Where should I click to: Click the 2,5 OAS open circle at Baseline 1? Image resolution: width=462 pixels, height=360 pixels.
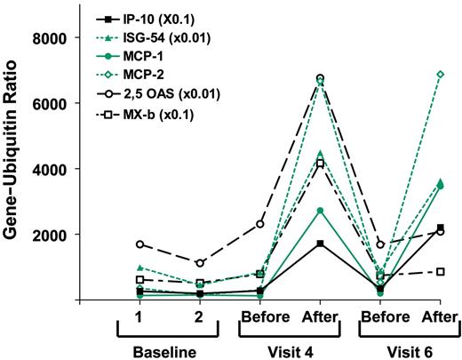coord(139,244)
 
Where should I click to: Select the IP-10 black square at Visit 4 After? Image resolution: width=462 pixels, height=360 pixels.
coord(320,244)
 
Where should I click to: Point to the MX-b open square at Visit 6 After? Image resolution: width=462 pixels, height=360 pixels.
coord(439,271)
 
